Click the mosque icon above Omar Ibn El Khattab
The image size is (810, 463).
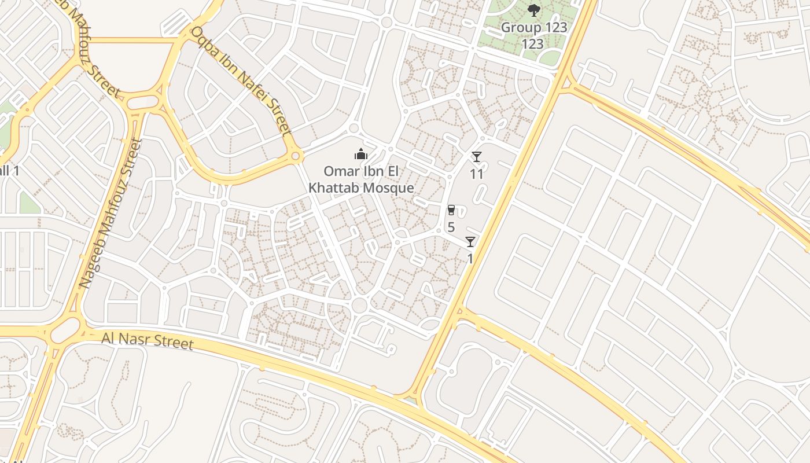361,154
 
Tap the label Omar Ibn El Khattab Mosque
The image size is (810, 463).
361,179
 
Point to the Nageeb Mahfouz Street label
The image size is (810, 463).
110,214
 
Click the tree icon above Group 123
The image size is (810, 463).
533,10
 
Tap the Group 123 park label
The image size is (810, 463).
533,35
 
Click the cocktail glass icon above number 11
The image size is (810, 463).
476,157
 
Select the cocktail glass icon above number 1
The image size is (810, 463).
470,242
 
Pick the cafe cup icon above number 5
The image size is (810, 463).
451,210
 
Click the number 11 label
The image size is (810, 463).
476,173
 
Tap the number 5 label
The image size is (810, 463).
451,227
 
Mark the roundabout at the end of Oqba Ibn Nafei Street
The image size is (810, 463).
296,156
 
